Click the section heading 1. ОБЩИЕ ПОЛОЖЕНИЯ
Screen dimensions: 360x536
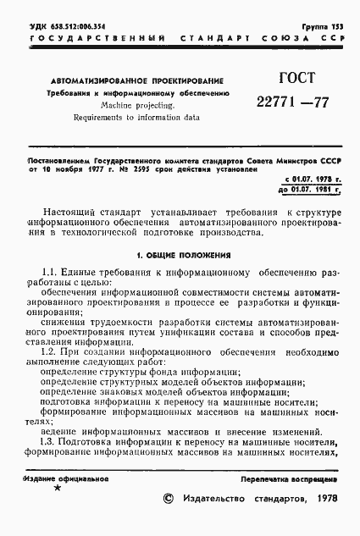pyautogui.click(x=180, y=254)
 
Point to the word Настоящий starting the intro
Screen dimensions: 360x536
pyautogui.click(x=73, y=209)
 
